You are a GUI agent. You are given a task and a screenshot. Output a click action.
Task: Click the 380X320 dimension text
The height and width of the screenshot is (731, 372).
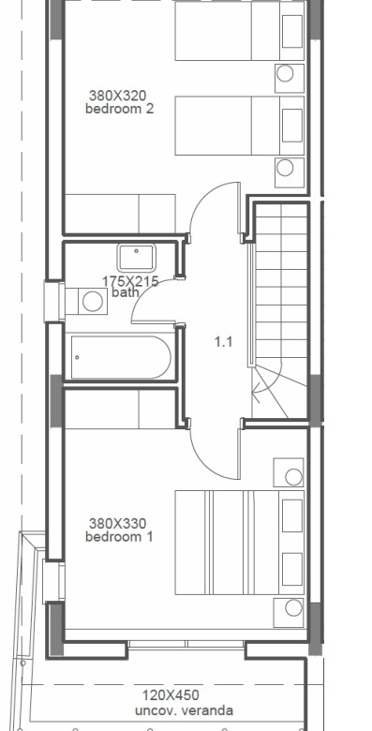(117, 96)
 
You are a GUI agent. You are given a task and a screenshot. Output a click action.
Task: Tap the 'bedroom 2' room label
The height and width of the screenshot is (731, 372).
(119, 109)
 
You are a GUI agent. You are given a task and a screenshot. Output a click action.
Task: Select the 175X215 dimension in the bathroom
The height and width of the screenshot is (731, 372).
(130, 281)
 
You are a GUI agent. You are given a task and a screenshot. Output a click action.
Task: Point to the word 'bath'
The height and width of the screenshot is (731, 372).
(126, 292)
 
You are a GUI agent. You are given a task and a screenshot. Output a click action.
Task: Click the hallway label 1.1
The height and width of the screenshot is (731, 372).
(223, 342)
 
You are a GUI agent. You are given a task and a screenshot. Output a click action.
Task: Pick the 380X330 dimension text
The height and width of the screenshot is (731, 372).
(117, 524)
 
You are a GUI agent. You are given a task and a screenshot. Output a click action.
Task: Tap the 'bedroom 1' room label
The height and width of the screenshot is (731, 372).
(119, 537)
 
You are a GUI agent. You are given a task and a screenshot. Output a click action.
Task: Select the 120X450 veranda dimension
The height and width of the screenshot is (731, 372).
(171, 695)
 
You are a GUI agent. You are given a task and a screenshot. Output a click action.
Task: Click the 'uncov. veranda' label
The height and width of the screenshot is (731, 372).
(184, 710)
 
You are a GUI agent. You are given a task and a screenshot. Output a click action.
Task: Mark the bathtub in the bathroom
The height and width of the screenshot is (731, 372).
(121, 358)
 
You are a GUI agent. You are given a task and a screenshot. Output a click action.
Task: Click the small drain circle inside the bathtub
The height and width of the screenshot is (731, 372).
(77, 358)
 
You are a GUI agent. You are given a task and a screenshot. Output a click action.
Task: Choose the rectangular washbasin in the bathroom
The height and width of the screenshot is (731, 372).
(136, 258)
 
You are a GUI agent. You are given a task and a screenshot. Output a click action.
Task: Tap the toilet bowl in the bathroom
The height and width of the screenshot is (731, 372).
(93, 301)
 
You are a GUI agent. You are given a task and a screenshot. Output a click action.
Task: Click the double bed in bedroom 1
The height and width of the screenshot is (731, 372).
(240, 543)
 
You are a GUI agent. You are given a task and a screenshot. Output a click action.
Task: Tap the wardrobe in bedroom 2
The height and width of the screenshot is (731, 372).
(120, 214)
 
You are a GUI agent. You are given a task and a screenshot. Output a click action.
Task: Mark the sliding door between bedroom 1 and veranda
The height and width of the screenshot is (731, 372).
(186, 644)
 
